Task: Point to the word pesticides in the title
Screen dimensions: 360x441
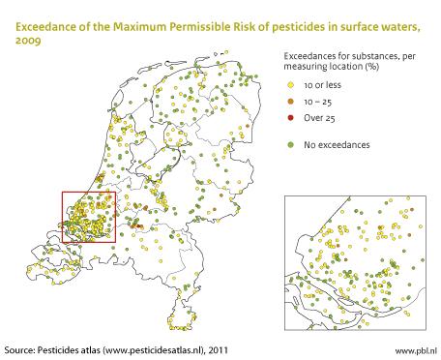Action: tap(285, 12)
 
